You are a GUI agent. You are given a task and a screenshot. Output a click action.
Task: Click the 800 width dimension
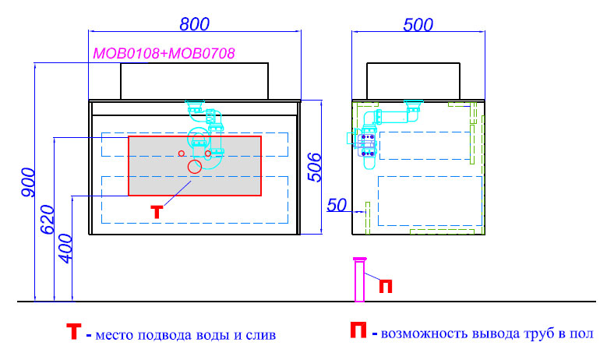click(195, 24)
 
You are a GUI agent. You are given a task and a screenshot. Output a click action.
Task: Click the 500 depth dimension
click(418, 25)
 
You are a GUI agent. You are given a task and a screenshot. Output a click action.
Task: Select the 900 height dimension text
click(28, 182)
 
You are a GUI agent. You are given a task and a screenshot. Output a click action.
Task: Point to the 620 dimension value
click(48, 220)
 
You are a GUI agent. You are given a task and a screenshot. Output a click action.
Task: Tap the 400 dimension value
click(65, 249)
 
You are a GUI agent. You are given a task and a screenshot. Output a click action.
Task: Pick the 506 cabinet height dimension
click(315, 168)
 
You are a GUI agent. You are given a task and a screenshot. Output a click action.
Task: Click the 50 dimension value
click(337, 205)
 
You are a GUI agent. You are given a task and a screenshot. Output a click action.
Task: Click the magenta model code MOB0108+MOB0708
click(164, 53)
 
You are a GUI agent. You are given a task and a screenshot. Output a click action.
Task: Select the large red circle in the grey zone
click(194, 167)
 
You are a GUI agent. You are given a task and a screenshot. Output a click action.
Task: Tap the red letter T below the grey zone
click(157, 212)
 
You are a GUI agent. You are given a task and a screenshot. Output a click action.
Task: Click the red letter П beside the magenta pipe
click(386, 286)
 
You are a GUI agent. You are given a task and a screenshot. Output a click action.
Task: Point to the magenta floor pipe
click(359, 280)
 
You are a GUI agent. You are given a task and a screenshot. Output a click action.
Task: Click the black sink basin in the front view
click(194, 81)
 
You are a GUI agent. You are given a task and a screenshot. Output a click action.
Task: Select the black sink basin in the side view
click(413, 81)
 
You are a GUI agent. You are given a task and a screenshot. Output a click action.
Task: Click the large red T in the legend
click(73, 331)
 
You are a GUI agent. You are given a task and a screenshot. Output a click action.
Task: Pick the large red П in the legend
click(358, 330)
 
